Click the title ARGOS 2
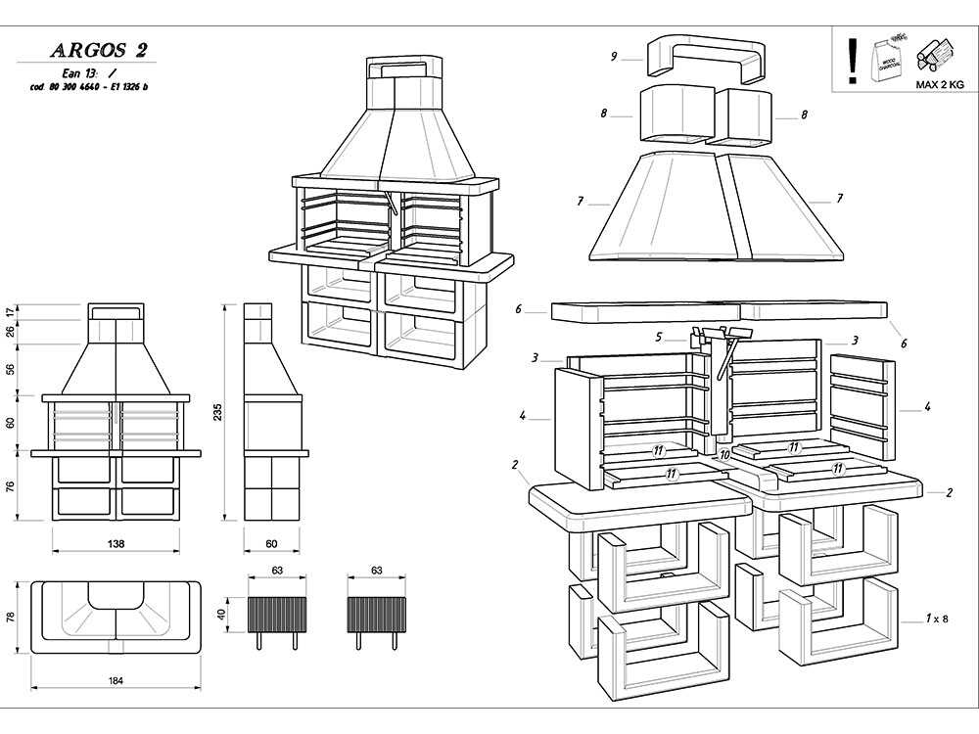(x=99, y=51)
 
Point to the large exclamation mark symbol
(x=853, y=60)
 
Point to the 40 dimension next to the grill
(x=222, y=615)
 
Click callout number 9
(x=613, y=57)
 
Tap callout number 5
(x=659, y=338)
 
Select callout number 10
(x=724, y=455)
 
